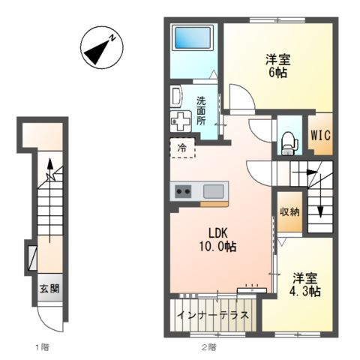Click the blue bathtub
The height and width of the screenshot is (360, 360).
tap(193, 37)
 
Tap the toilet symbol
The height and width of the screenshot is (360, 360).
tap(289, 143)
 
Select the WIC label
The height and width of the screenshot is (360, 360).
tap(320, 135)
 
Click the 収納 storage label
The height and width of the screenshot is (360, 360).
tap(289, 212)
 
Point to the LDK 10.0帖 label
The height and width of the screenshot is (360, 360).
tap(217, 240)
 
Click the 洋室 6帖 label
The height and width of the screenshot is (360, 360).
tap(277, 66)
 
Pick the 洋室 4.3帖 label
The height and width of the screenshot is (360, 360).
tap(304, 285)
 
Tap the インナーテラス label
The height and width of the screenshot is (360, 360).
tap(213, 315)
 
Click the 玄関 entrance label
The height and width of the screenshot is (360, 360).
tap(49, 289)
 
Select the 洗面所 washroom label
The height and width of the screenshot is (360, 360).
tap(201, 111)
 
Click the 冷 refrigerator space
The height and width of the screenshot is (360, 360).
tap(182, 148)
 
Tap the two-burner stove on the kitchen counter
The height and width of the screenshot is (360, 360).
tap(183, 191)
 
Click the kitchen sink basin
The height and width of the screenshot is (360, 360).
tap(213, 191)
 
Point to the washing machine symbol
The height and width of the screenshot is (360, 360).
tap(181, 121)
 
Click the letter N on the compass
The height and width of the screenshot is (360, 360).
tap(112, 38)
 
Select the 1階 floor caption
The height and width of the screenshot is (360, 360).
tap(42, 347)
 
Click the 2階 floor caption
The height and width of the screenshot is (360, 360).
tap(209, 347)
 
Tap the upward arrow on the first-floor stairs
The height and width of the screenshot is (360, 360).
tap(50, 200)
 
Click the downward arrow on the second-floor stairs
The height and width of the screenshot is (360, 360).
tap(320, 196)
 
